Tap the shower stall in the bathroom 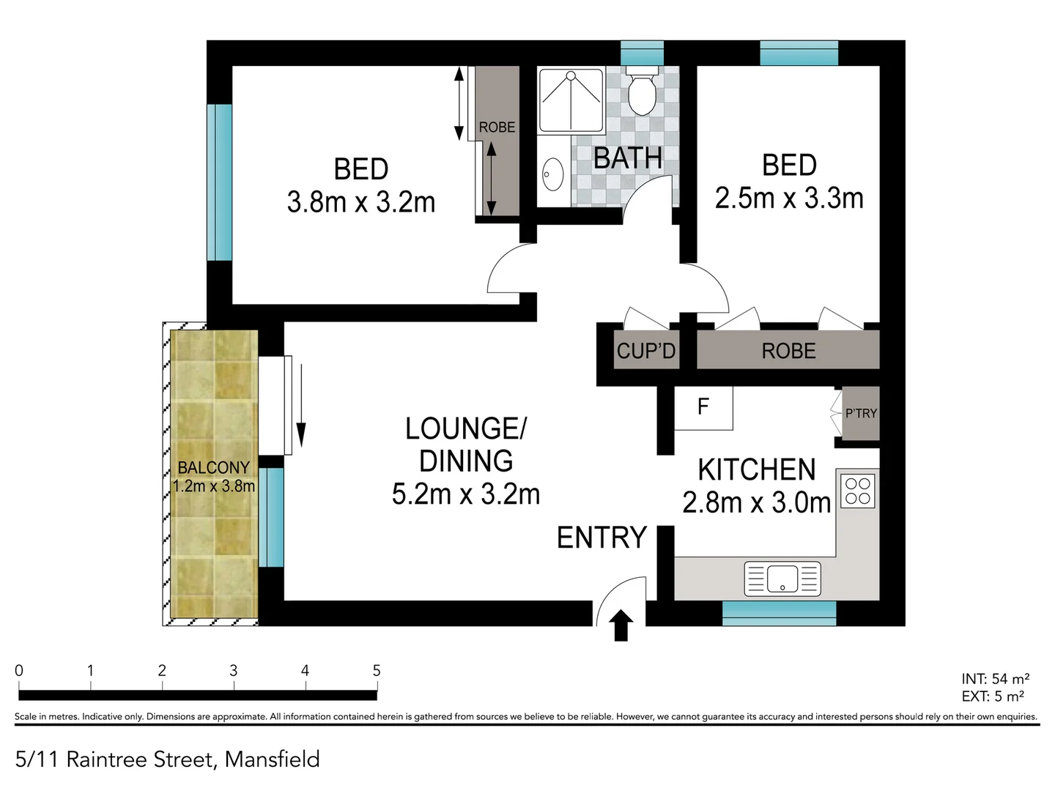click(x=571, y=100)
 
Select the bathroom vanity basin click(x=552, y=175)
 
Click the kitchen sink click(x=782, y=579)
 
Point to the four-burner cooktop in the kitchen click(x=857, y=491)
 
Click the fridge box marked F click(x=703, y=407)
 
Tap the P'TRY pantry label click(x=861, y=414)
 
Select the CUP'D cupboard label click(x=645, y=352)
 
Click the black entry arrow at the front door click(x=621, y=625)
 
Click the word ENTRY click(x=601, y=538)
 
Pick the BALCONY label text click(x=213, y=467)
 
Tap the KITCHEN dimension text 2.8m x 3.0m click(x=756, y=503)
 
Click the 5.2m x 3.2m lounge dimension click(x=466, y=494)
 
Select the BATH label click(x=627, y=158)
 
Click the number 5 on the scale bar click(x=377, y=670)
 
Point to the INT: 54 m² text click(x=995, y=679)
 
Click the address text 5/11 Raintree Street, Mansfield click(x=168, y=760)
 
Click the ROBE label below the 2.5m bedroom click(x=788, y=352)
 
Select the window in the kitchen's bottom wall click(x=779, y=613)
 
